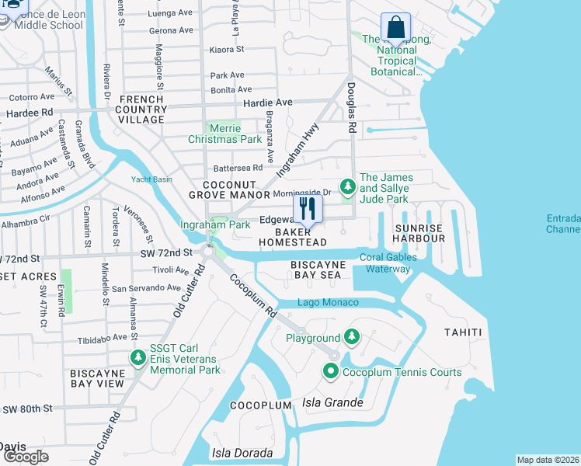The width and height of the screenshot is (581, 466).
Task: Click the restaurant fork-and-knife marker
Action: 308,209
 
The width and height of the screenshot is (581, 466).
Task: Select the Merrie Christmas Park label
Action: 214,134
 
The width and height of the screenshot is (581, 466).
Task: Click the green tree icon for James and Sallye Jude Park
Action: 347,187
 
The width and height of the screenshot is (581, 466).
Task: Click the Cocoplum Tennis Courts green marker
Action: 330,372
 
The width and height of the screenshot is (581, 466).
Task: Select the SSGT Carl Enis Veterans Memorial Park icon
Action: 138,358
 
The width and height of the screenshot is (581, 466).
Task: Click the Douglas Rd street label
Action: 351,109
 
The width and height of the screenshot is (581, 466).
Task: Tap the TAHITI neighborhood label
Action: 463,332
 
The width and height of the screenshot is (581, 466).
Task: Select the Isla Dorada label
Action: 242,453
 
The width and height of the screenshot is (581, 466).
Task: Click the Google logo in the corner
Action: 26,456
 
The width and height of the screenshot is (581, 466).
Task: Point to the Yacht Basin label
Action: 151,179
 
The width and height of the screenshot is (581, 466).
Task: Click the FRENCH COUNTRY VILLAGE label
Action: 141,110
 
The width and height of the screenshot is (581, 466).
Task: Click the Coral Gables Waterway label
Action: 388,263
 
